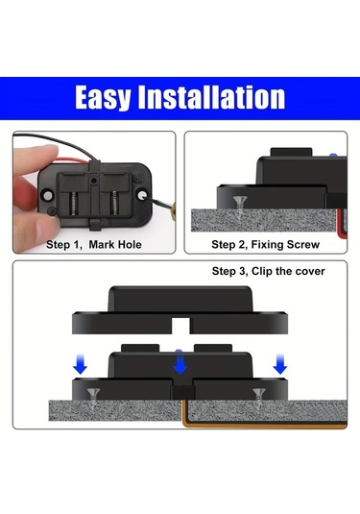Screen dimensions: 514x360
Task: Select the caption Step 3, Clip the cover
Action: tap(268, 271)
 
